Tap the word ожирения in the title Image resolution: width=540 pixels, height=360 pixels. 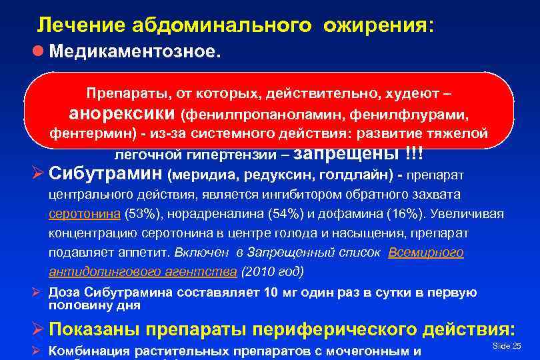pos(375,25)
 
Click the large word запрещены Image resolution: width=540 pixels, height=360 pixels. pos(346,153)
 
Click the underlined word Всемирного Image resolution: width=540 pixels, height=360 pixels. pos(425,253)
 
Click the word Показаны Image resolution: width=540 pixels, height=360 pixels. pos(104,329)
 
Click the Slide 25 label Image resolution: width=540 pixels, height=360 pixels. pos(506,345)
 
